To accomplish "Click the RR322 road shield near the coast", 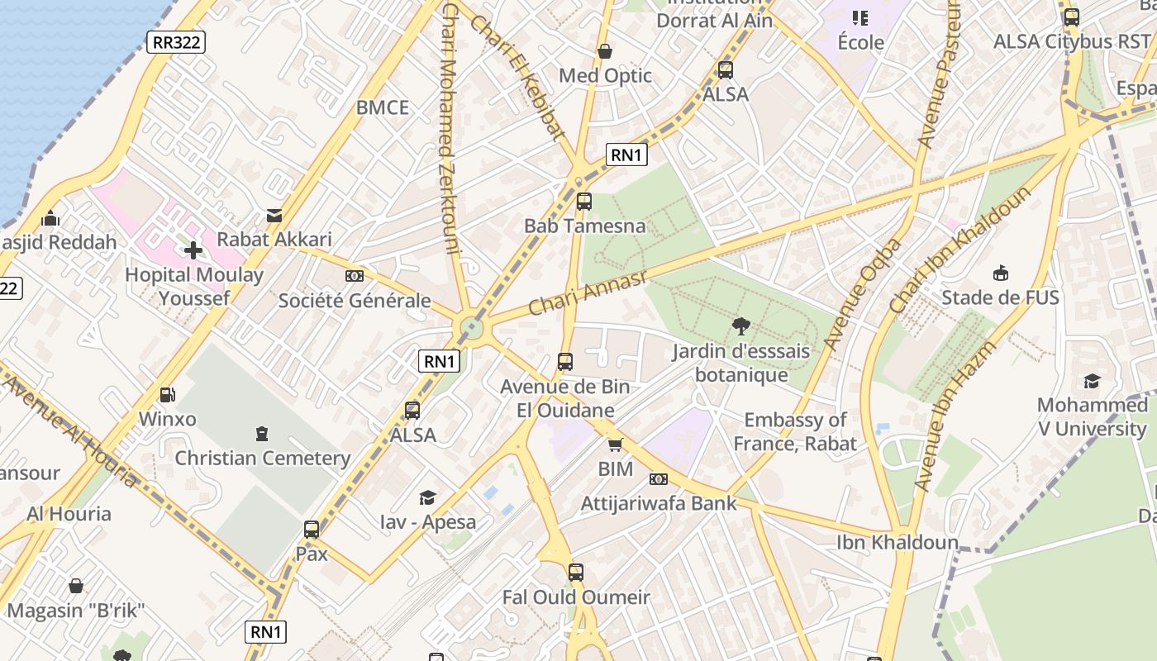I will [175, 42].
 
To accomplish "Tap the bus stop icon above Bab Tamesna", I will [583, 201].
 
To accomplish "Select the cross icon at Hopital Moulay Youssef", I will [193, 250].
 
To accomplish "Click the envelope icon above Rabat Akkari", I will [274, 216].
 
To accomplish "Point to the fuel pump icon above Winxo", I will [167, 395].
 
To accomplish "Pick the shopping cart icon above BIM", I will [615, 445].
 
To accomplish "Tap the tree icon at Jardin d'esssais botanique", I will [740, 326].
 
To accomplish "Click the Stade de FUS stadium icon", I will [1000, 273].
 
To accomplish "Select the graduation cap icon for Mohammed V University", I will [1092, 381].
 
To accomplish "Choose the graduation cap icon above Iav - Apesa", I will [427, 497].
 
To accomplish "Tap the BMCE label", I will [383, 107].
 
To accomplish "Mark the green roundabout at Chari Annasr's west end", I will [471, 327].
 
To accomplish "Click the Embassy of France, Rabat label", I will [795, 431].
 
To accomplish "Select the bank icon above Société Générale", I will [355, 276].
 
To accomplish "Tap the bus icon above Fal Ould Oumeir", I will [575, 572].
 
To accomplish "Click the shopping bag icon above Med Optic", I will [605, 51].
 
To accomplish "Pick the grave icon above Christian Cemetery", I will [262, 433].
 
